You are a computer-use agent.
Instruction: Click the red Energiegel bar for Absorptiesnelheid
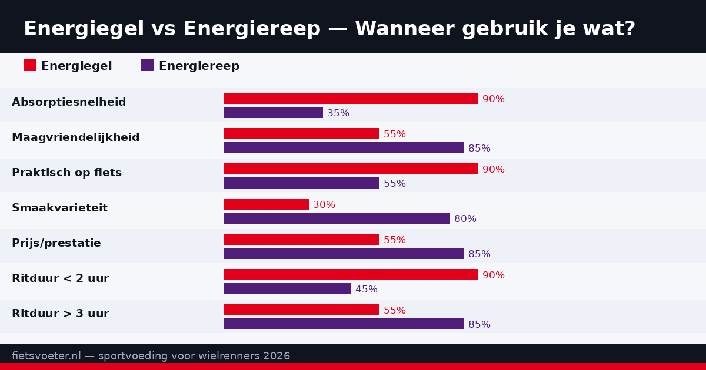point(351,99)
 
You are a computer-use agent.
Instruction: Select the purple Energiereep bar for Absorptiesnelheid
point(273,113)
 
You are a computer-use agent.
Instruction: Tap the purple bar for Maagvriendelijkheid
point(344,148)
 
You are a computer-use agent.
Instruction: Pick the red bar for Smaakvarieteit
point(266,204)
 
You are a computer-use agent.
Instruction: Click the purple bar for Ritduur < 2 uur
point(287,289)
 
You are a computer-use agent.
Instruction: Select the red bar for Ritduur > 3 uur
point(301,310)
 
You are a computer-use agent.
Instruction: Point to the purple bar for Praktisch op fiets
point(301,183)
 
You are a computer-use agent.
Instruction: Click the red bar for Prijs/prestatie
point(301,240)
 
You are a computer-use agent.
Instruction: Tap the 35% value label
point(338,113)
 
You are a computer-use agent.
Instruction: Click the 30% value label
point(324,205)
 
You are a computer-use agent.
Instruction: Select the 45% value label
point(367,290)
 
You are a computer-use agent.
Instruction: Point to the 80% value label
point(465,219)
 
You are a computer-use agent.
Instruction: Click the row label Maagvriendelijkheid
point(76,137)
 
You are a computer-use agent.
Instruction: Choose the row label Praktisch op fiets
point(66,173)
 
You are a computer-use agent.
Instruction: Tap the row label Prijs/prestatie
point(56,243)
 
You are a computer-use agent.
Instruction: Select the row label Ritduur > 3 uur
point(60,314)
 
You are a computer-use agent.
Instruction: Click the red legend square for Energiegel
point(29,65)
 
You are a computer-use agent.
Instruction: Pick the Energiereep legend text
point(199,66)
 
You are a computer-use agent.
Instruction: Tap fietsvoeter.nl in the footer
point(46,356)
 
